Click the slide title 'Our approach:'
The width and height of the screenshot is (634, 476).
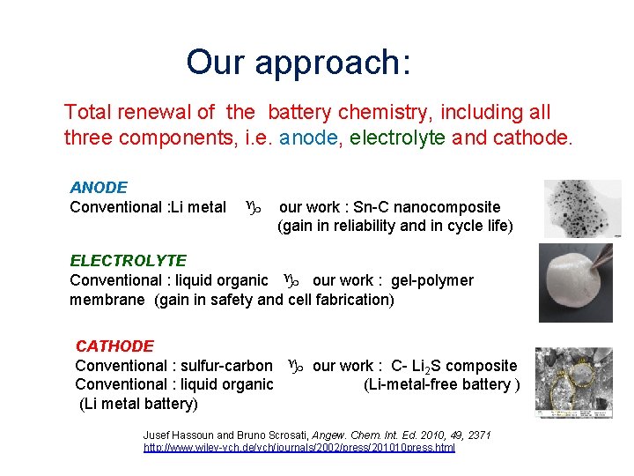pos(299,62)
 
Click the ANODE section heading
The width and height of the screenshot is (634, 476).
pos(99,188)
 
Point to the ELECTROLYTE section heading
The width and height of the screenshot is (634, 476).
pos(129,261)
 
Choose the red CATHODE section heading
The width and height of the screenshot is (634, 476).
pos(114,346)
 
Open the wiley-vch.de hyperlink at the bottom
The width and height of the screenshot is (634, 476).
pos(299,448)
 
